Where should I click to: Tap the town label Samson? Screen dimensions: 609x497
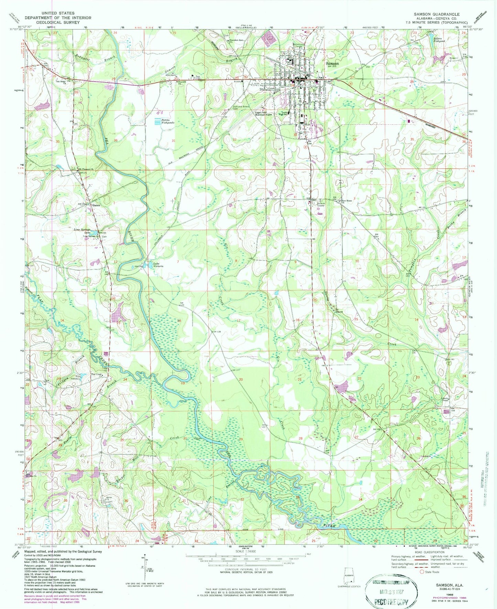coord(332,63)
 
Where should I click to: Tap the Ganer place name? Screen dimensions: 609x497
coord(96,205)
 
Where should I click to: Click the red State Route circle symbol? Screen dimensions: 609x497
coord(422,572)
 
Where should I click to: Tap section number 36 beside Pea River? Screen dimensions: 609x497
coord(116,140)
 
